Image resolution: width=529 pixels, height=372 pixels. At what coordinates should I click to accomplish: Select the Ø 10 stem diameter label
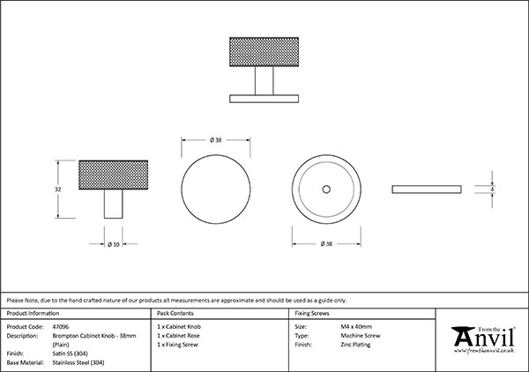(x=112, y=243)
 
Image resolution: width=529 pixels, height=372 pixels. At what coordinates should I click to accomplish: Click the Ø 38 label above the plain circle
(x=215, y=140)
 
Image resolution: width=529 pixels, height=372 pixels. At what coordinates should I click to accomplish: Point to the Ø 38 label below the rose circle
(x=326, y=243)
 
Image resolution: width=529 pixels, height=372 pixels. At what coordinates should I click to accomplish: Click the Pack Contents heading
(x=175, y=313)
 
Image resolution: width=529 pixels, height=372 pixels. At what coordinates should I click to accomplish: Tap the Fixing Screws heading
(x=313, y=313)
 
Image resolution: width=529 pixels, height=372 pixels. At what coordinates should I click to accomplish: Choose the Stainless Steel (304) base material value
(x=83, y=362)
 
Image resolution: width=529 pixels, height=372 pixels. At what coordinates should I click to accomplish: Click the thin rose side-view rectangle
(x=426, y=189)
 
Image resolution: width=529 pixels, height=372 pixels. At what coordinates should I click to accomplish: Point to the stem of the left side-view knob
(x=112, y=205)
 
